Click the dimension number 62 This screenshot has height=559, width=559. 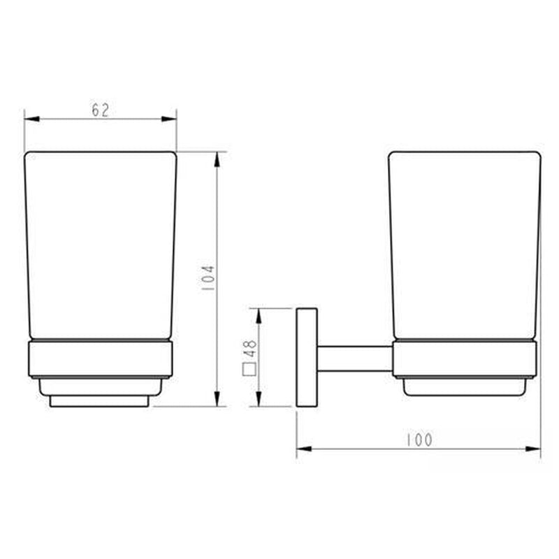tap(100, 110)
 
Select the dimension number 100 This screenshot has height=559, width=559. tap(419, 440)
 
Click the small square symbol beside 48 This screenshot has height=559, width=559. tap(248, 370)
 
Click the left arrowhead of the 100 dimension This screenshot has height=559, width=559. tap(303, 449)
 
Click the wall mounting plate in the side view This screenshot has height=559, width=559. tap(306, 357)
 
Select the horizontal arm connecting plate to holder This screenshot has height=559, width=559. tap(354, 358)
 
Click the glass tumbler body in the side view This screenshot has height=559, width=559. tap(464, 245)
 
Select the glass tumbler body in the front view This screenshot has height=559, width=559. tap(101, 245)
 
